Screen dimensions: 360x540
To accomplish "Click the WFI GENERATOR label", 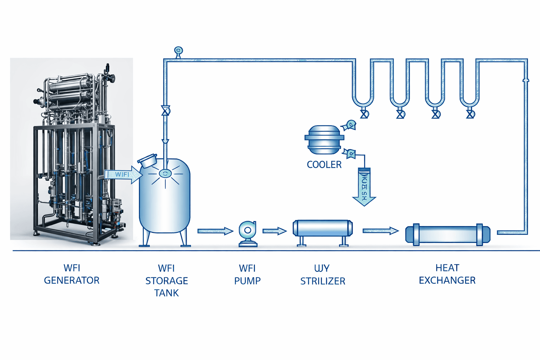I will tap(72, 274).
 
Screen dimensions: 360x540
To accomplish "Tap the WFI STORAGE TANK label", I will tap(166, 281).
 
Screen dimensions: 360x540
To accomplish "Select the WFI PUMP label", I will tap(247, 275).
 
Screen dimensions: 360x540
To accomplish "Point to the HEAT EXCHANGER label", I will tap(447, 274).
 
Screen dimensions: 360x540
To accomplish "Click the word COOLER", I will tap(324, 165).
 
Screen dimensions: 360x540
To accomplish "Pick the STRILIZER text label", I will tap(323, 281).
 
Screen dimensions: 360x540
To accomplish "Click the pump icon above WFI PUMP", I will tap(247, 233).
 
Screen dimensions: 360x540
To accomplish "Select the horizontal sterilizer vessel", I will tap(322, 229).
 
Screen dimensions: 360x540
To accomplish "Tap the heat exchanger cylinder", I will tap(448, 234).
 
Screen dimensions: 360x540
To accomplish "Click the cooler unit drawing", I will tap(324, 140).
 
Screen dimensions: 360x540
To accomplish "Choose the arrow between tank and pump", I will tap(215, 231).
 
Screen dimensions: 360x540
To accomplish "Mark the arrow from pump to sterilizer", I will tap(274, 231).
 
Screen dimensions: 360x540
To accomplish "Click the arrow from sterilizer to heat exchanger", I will tap(380, 231).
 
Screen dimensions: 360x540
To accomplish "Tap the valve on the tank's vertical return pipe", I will tap(165, 111).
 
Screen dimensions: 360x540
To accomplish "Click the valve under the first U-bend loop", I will tap(364, 114).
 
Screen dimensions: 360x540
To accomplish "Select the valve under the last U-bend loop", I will tap(470, 114).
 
